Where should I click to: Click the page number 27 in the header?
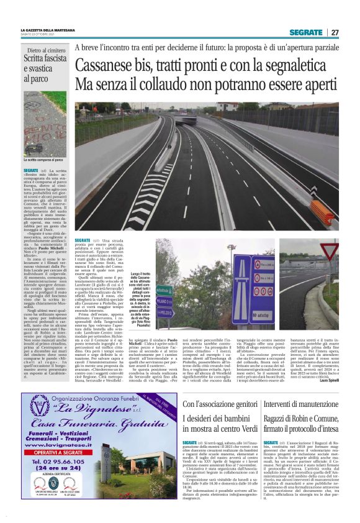[x=335, y=32]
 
